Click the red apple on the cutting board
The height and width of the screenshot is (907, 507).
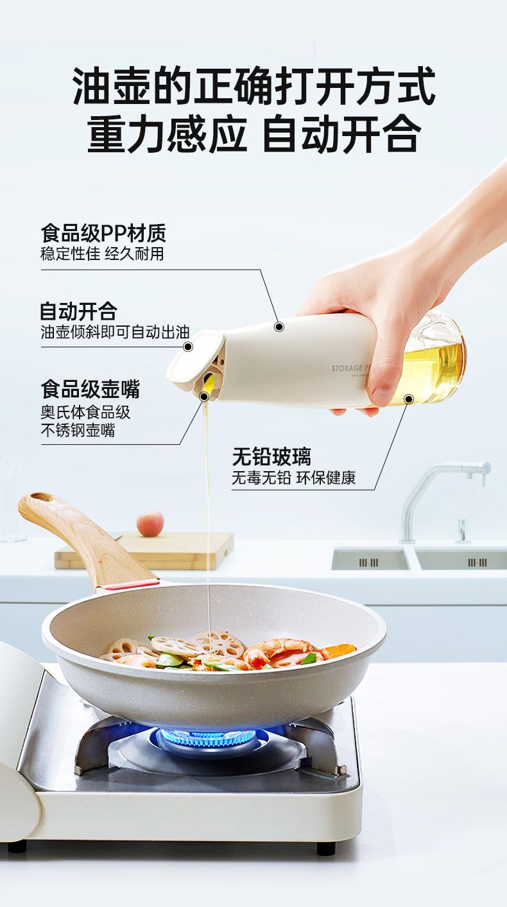coord(150,524)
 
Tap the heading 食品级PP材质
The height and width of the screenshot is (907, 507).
coord(103,233)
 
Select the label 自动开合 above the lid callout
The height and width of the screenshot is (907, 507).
coord(78,311)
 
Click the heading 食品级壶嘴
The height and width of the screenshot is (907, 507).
coord(90,389)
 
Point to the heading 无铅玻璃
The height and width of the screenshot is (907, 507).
coord(271,457)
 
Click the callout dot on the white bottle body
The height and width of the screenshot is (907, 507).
coord(279,326)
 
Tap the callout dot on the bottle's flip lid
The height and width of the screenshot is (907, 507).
coord(187,347)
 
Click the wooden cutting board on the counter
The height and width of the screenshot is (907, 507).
coord(144,550)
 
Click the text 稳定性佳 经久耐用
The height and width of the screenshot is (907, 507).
coord(102,254)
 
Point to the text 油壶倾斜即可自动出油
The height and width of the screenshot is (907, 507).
coord(115,332)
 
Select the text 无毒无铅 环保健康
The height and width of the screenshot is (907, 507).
coord(293,478)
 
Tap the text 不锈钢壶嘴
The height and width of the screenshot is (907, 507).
coord(78,429)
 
